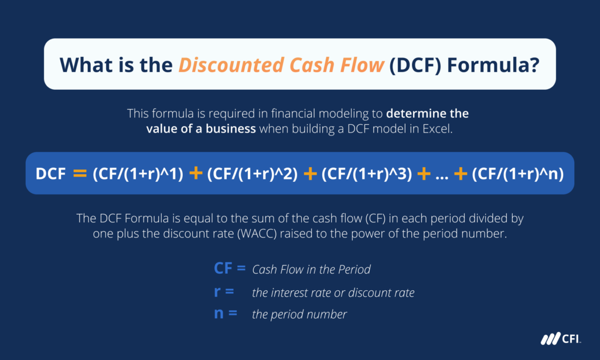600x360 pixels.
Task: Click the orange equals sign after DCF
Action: coord(79,174)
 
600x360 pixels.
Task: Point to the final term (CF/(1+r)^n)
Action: coord(517,174)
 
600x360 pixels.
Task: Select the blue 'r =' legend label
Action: coord(224,291)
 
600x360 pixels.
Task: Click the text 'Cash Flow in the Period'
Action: coord(311,270)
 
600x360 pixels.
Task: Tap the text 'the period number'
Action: coord(299,314)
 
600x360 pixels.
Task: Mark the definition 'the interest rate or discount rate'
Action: coord(333,292)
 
